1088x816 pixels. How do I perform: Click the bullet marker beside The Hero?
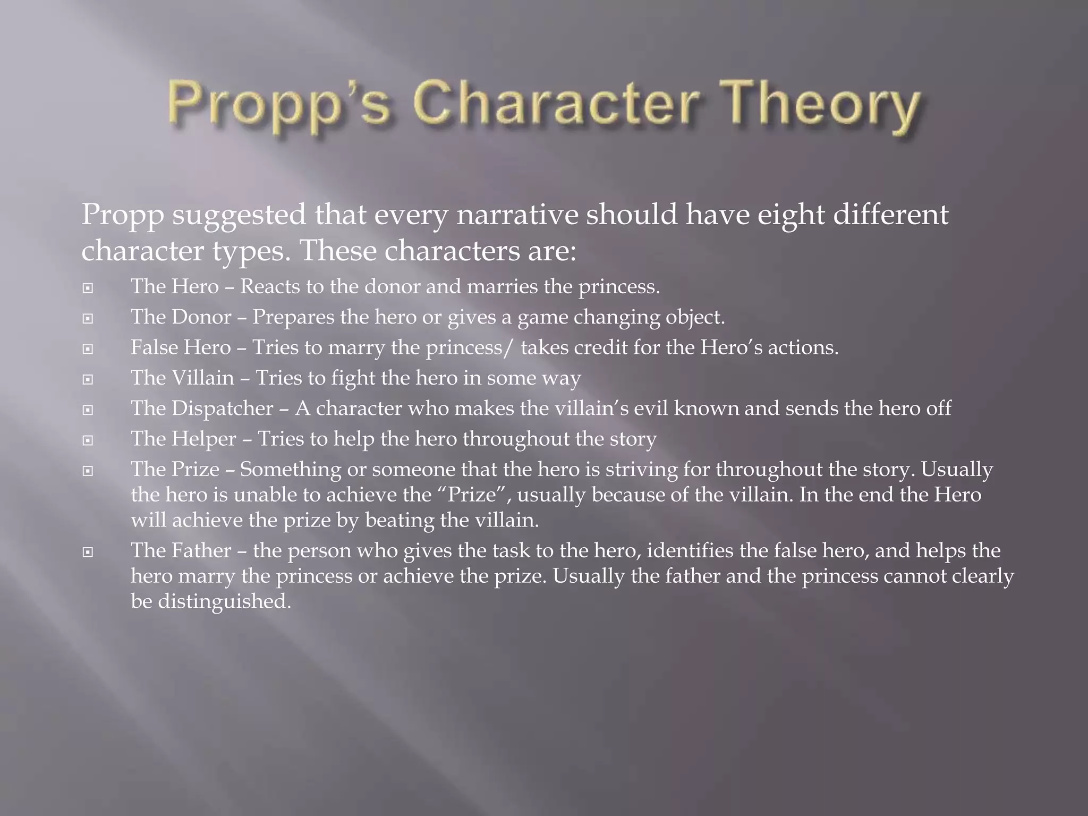pos(88,288)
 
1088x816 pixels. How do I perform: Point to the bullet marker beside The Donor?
pos(88,319)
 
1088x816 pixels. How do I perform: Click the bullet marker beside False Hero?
pos(88,349)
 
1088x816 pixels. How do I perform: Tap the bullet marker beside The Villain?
pos(88,379)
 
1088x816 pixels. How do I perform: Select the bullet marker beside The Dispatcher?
pos(88,410)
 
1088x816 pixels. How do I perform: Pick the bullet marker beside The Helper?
pos(88,440)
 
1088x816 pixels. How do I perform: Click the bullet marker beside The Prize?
pos(88,471)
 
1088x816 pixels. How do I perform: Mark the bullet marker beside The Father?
pos(88,552)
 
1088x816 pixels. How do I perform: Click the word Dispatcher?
pos(222,409)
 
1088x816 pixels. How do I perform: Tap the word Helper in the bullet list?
pos(203,439)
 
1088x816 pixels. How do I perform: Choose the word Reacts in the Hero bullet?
pos(270,287)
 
